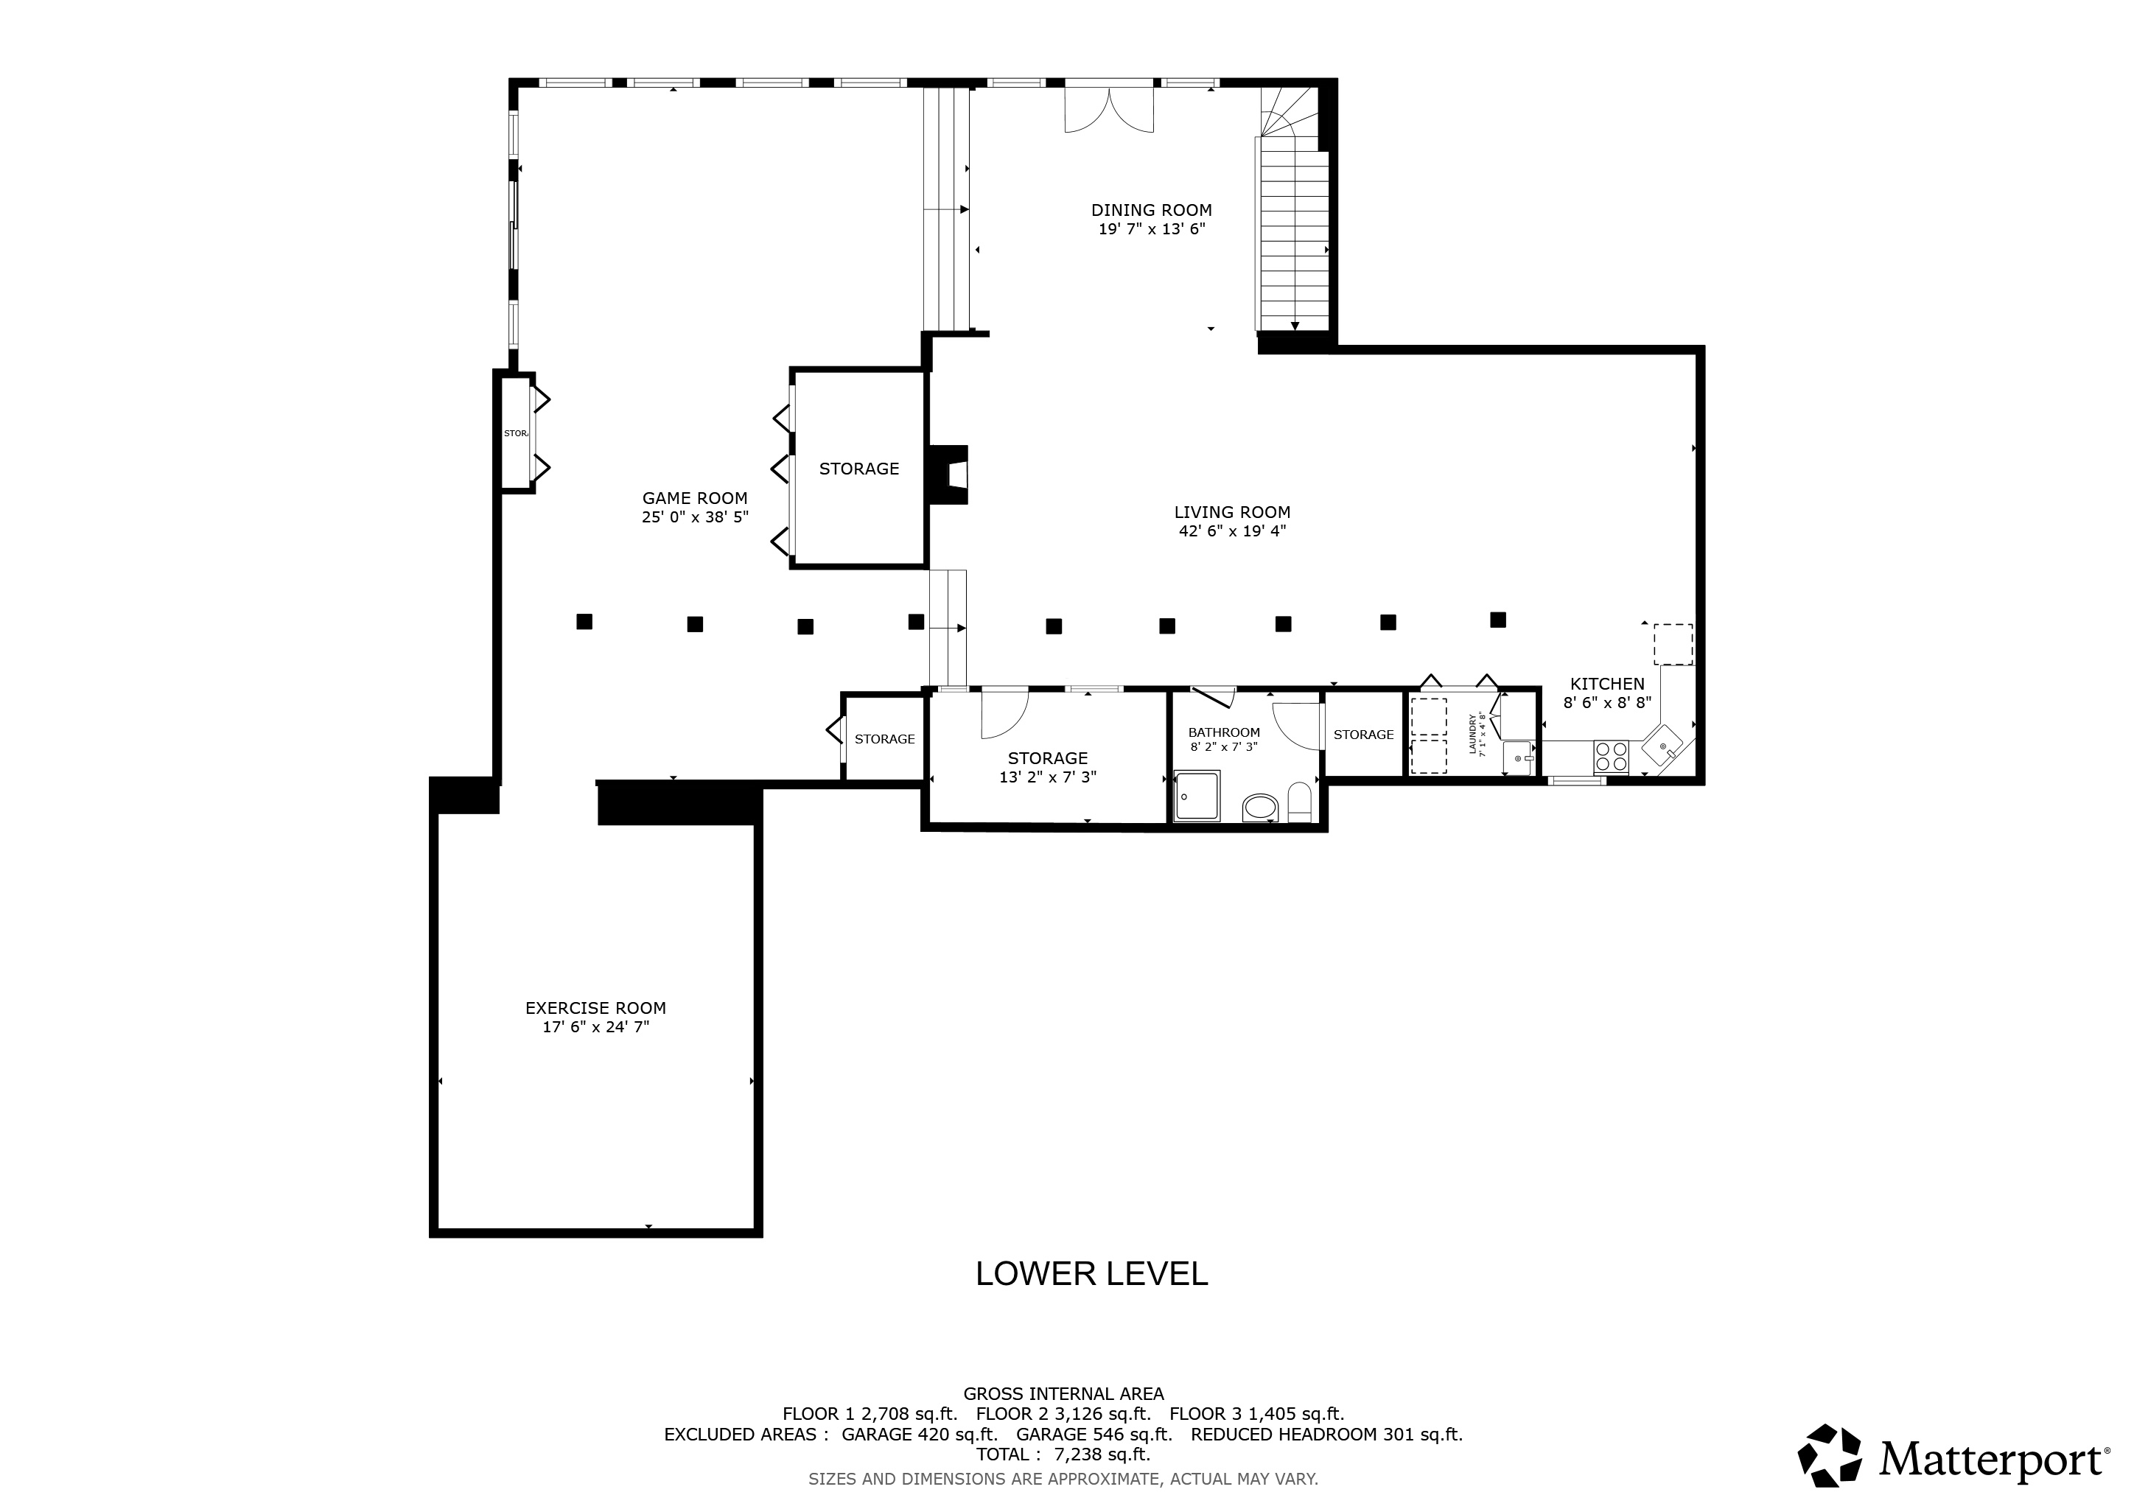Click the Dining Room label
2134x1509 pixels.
[x=1151, y=210]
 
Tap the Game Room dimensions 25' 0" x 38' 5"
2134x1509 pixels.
[x=694, y=517]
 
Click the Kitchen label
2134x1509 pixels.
[x=1607, y=684]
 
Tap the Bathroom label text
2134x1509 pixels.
[x=1223, y=732]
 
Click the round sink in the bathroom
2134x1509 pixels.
[x=1259, y=808]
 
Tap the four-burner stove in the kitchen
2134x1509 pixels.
[x=1611, y=757]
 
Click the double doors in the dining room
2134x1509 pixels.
[x=1109, y=111]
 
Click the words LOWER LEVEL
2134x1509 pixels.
[x=1091, y=1274]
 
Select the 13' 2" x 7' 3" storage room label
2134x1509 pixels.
[x=1048, y=768]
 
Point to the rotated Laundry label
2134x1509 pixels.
[x=1475, y=734]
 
